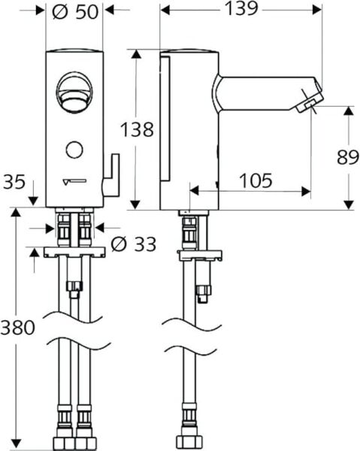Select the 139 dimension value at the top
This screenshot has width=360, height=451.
(239, 10)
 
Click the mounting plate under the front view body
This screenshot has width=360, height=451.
(73, 253)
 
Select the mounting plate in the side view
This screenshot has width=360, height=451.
(198, 253)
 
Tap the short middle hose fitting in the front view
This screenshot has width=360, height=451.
(74, 287)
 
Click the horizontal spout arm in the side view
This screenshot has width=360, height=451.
(256, 92)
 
